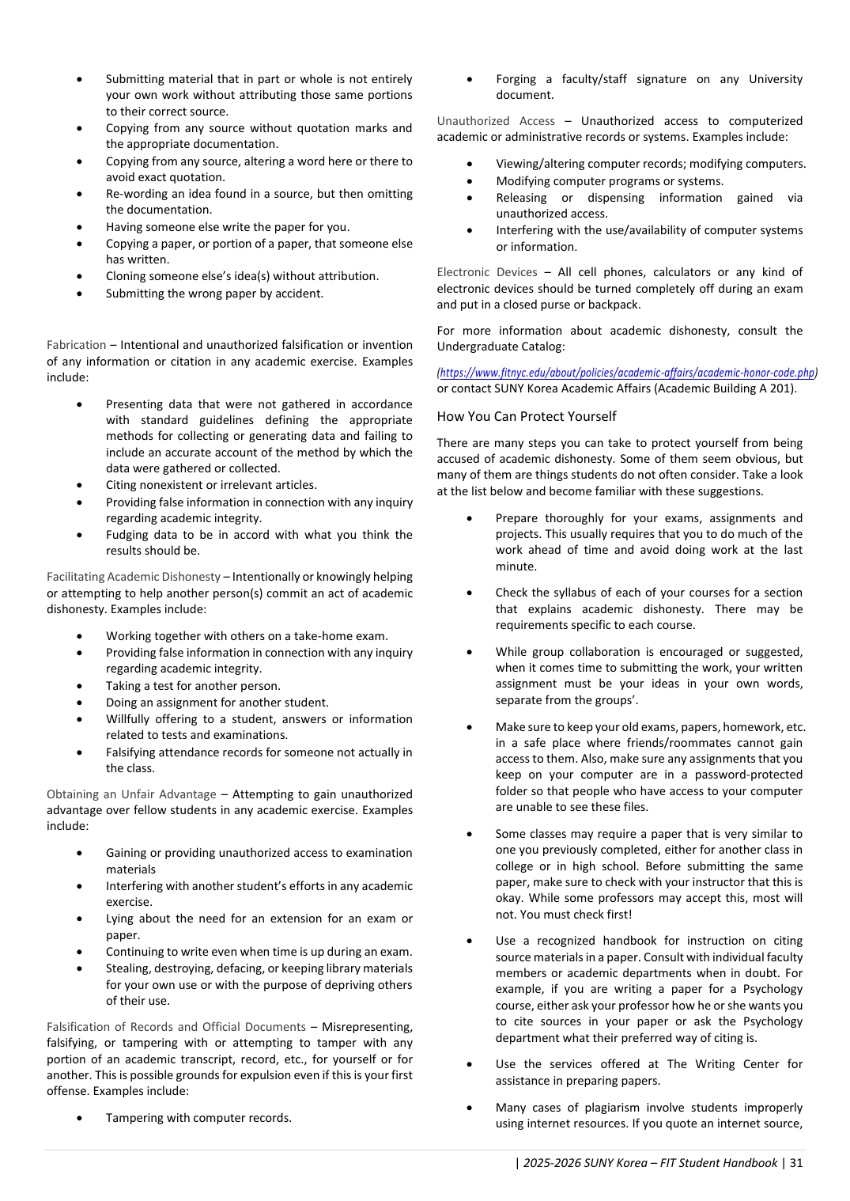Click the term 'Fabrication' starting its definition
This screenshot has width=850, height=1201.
(76, 345)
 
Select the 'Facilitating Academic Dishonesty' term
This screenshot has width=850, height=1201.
(133, 577)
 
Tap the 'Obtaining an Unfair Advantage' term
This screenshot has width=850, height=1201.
(131, 794)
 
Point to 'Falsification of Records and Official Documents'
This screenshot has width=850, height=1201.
(176, 1027)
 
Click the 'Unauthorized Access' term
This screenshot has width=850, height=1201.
(496, 121)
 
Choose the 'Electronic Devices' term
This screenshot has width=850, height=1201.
(486, 272)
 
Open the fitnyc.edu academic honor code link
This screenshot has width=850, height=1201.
(627, 373)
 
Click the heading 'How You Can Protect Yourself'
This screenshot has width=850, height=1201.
(527, 416)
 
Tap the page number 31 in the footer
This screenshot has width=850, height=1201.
(796, 1163)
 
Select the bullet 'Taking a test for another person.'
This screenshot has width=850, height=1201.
(193, 686)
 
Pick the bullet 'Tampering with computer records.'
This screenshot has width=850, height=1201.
(198, 1118)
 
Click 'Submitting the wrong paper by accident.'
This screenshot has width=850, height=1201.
(214, 294)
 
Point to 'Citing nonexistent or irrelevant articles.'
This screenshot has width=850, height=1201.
(211, 485)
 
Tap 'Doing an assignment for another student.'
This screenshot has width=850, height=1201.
(217, 703)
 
